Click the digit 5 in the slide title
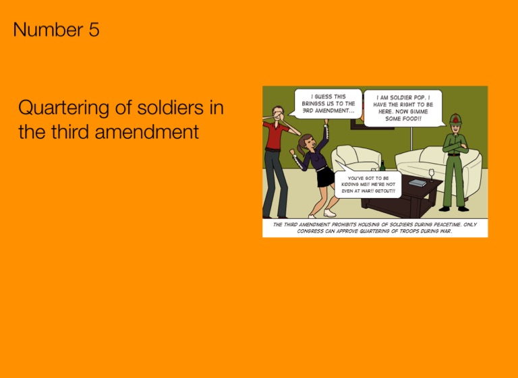(94, 30)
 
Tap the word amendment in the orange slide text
(146, 131)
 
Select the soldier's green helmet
(455, 119)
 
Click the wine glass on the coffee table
(431, 175)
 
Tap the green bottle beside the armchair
(382, 166)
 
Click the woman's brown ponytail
(300, 148)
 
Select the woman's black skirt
(325, 177)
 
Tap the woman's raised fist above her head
(326, 122)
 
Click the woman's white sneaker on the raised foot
(329, 213)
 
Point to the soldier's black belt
(454, 155)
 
